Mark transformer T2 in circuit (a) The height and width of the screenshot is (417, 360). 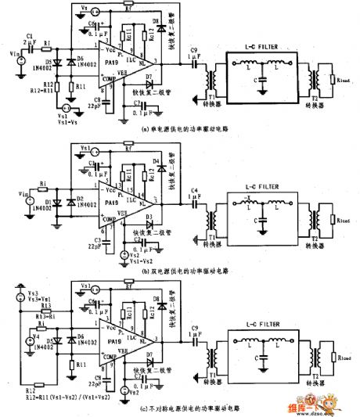316,81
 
